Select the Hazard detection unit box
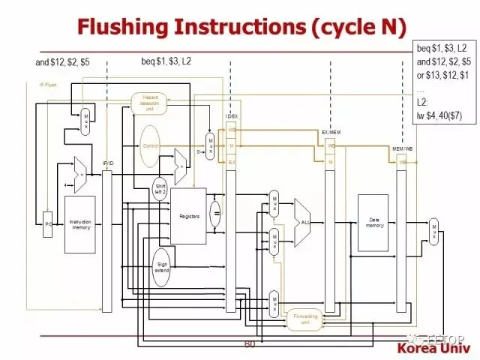click(150, 103)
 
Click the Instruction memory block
click(80, 223)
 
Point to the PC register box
click(47, 224)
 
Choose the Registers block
click(189, 216)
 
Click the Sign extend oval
click(162, 268)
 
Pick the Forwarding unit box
click(305, 319)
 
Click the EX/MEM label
click(331, 132)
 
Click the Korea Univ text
click(433, 349)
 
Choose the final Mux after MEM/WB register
click(433, 232)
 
